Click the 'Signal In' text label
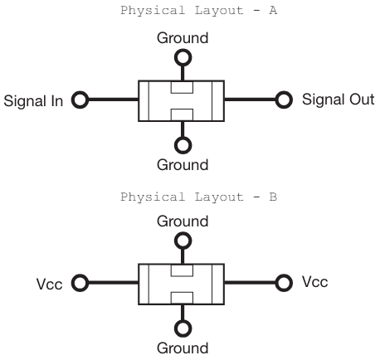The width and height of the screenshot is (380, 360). pos(33,101)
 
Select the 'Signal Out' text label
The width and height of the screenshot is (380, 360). pos(339,100)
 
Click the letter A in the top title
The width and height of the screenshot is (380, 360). pos(273,11)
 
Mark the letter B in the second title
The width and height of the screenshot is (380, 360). pos(273,197)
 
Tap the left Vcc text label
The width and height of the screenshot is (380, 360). pos(50,285)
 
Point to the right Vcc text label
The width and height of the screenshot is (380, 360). pos(315,282)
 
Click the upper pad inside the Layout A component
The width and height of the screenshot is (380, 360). pos(182,87)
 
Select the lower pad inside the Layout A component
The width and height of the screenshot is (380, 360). pos(182,115)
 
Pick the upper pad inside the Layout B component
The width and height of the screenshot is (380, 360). pos(182,270)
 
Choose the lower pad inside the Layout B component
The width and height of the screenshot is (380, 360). pos(182,298)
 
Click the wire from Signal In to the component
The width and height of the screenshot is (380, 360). pos(114,100)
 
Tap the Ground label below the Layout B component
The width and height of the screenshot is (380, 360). pos(183,348)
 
